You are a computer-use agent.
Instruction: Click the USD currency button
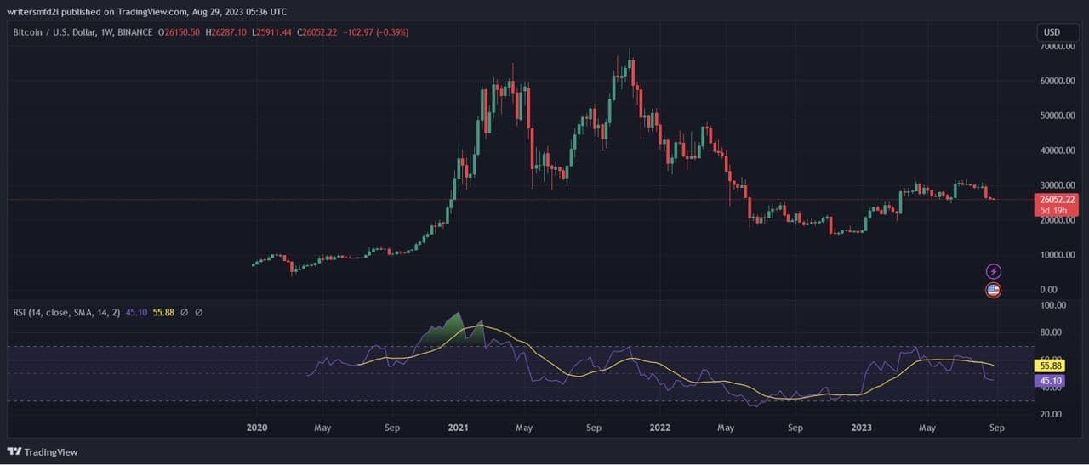pos(1052,32)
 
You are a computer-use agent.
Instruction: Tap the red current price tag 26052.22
pos(1056,200)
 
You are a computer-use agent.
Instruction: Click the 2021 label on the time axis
pos(459,428)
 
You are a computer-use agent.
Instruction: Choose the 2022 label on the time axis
pos(659,428)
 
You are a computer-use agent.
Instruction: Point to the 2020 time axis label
pos(256,428)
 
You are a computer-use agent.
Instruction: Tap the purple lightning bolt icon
pos(993,271)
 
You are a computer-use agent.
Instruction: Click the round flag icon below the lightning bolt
pos(993,290)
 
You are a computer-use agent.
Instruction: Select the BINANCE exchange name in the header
pos(134,32)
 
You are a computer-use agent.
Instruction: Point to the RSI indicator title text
pos(64,312)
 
